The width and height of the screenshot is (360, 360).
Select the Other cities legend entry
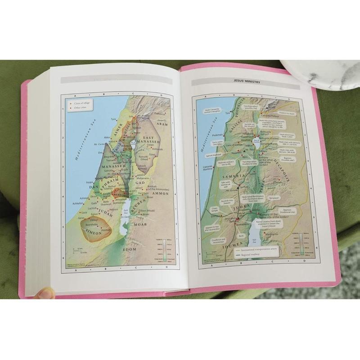[79, 108]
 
